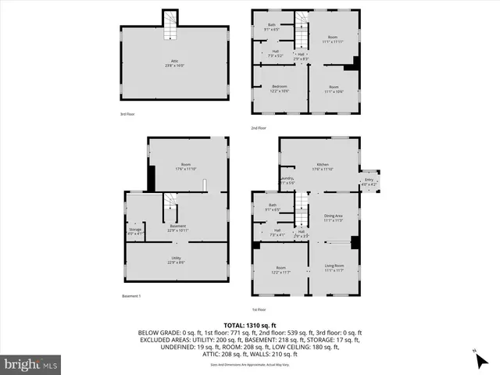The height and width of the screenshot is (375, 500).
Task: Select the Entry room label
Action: [370, 180]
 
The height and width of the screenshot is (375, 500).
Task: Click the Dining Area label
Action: [334, 216]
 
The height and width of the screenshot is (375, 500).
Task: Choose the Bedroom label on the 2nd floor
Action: [280, 86]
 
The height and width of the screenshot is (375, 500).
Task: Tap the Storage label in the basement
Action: [135, 230]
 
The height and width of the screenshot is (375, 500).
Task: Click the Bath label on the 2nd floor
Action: [272, 25]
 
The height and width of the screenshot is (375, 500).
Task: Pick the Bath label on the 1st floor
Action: [272, 206]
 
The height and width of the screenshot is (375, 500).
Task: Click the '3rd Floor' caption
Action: [127, 114]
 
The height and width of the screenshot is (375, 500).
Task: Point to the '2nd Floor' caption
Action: [259, 127]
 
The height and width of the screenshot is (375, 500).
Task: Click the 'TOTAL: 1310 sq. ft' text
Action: [249, 324]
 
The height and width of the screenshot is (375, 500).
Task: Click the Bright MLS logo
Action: [31, 365]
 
